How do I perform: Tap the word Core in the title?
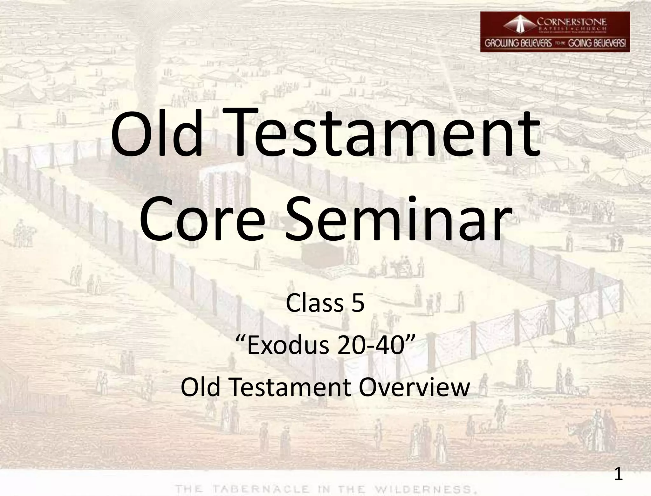coord(202,219)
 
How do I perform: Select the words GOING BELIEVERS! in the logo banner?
coord(597,44)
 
